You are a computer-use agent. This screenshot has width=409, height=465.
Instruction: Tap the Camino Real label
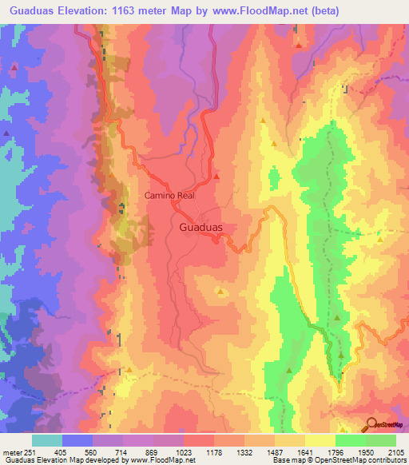tap(170, 194)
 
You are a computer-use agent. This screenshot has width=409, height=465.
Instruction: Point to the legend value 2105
tap(396, 451)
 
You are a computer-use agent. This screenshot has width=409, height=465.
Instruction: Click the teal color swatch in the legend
tap(47, 440)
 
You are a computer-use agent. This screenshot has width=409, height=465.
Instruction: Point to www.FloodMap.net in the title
tap(257, 11)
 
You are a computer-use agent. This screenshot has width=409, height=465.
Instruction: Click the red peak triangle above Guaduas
tap(216, 176)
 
